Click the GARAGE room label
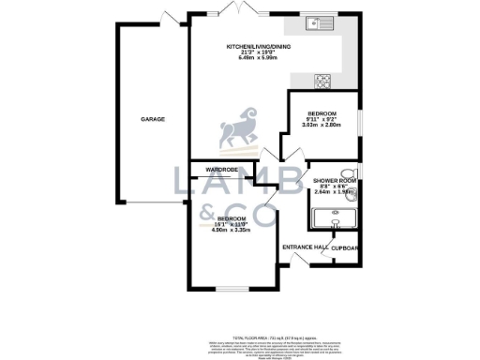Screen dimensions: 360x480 tap(154, 120)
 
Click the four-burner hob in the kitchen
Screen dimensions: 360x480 tap(322, 80)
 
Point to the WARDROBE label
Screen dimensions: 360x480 tap(214, 169)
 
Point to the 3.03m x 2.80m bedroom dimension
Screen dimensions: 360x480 tap(321, 126)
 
